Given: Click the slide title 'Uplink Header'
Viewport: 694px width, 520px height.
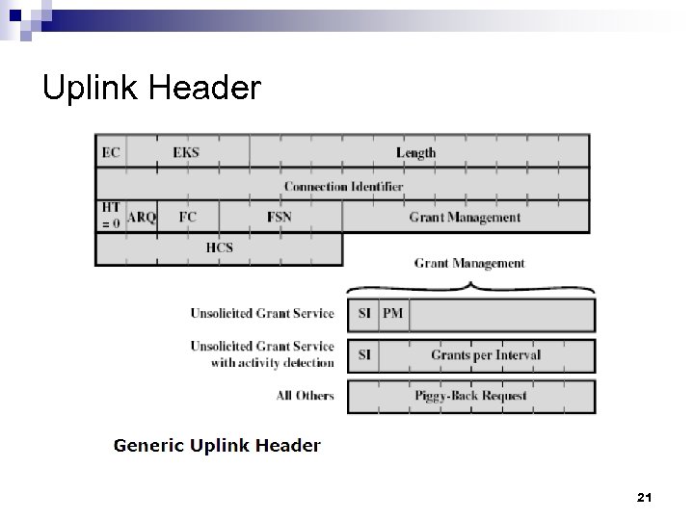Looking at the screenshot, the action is tap(151, 89).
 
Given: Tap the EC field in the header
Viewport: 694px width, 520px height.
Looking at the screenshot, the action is tap(111, 152).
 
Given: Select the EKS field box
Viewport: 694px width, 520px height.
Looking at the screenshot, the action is tap(186, 152).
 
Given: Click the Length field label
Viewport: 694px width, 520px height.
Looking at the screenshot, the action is tap(415, 152).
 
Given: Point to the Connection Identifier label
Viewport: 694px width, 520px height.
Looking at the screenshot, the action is tap(343, 185).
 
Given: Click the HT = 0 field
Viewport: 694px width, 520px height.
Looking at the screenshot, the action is tap(110, 216).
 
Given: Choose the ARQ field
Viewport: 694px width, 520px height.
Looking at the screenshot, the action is tap(142, 218).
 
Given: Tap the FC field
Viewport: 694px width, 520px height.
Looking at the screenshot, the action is tap(187, 217).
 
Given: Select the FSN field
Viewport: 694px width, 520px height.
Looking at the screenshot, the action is tap(279, 217).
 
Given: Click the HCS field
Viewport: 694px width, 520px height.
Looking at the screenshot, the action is tap(219, 248).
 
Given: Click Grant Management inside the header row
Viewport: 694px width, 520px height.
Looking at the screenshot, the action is tap(465, 217).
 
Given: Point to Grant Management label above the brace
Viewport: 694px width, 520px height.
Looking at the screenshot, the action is tap(469, 263).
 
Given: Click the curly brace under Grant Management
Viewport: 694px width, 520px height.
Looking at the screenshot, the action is tap(469, 286).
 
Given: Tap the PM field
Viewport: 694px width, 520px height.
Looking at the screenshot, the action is tap(392, 314).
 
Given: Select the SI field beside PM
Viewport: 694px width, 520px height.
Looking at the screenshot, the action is tap(364, 314).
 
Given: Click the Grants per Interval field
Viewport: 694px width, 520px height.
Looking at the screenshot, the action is tap(485, 354).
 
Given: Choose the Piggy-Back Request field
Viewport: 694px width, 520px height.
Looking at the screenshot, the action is tap(469, 396).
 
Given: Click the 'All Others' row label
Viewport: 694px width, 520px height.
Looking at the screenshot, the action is tap(304, 396).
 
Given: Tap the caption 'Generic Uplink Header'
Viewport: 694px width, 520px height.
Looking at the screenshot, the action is tap(217, 445).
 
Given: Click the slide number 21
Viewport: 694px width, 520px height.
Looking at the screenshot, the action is tap(645, 498).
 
